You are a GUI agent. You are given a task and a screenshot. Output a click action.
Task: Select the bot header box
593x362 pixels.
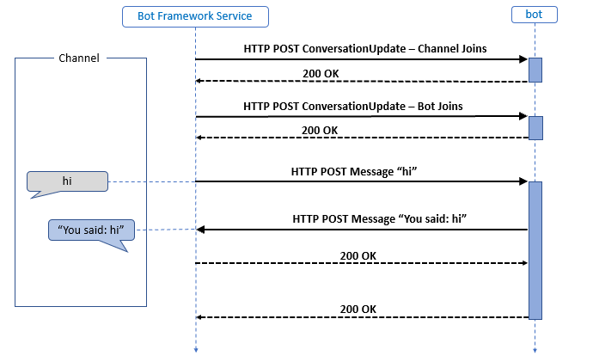point(534,15)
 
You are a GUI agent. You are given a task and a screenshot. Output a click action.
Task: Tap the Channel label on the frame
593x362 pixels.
point(79,58)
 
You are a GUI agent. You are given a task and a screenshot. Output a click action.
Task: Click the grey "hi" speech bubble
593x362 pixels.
point(67,181)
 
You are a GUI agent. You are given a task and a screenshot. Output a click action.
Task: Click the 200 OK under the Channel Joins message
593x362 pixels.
point(320,73)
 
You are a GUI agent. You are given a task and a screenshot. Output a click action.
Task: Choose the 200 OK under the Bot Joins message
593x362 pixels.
point(320,130)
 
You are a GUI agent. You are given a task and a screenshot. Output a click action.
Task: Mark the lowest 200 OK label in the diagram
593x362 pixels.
point(358,309)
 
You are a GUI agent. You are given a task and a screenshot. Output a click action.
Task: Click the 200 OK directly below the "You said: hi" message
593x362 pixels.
point(358,255)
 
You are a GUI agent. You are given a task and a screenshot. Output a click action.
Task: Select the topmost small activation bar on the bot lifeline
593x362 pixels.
point(535,70)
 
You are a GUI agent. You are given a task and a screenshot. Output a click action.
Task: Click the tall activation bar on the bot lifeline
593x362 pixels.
point(535,249)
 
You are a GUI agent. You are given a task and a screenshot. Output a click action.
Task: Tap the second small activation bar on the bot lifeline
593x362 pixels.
point(535,127)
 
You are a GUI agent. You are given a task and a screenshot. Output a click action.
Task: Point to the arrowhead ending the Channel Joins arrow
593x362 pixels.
point(523,59)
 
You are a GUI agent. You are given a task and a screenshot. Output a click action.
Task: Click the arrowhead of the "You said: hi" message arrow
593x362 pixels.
point(201,230)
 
